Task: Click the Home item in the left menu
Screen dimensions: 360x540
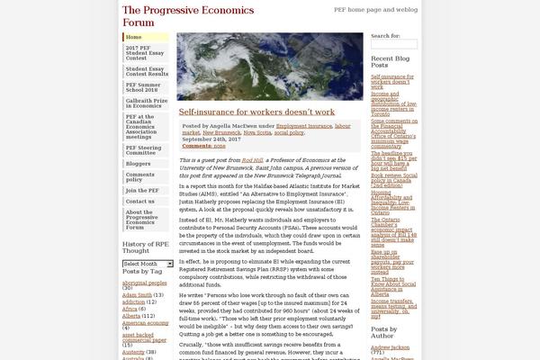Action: coord(134,38)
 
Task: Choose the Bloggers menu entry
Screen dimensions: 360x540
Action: coord(139,164)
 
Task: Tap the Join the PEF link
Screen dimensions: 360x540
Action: coord(143,190)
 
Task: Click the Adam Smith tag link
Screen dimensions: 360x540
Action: coord(138,293)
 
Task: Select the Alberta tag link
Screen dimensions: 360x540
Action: coord(132,315)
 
